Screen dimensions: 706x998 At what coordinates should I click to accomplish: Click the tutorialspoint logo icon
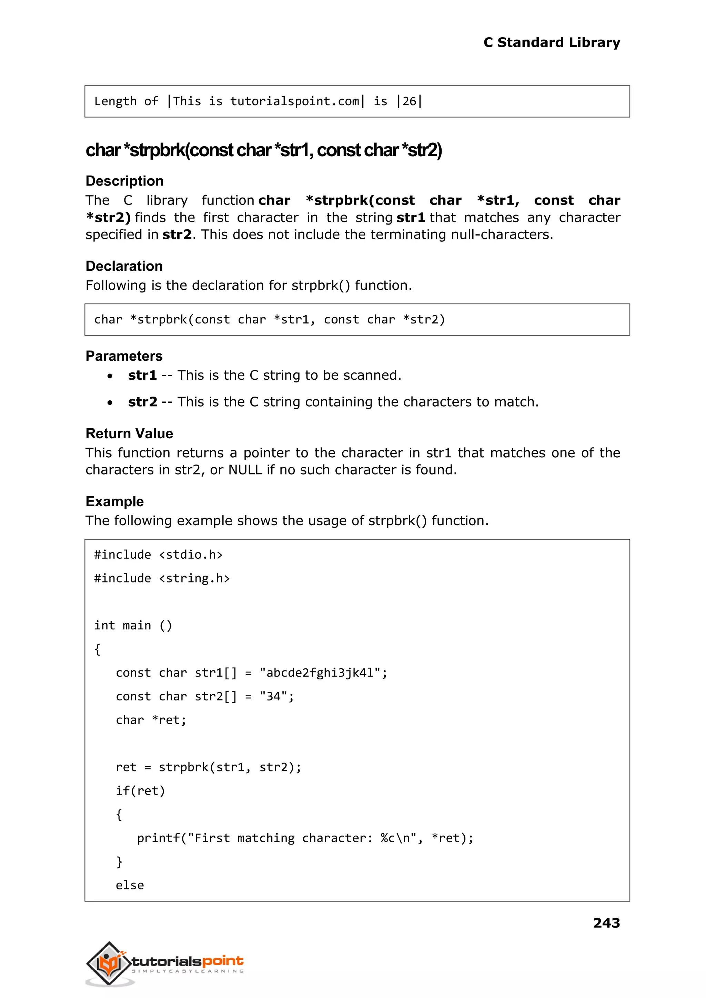[x=110, y=963]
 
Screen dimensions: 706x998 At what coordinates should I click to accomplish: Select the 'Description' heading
[x=124, y=181]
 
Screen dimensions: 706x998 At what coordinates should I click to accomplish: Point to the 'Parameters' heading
[x=124, y=356]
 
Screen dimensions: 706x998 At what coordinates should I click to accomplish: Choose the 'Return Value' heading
[x=129, y=433]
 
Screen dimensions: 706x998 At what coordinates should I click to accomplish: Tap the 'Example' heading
[x=114, y=501]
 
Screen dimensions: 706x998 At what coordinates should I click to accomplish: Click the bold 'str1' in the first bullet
[x=142, y=375]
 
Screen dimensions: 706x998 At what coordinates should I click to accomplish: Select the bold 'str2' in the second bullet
[x=143, y=402]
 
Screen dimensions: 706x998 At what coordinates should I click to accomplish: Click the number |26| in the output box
[x=409, y=101]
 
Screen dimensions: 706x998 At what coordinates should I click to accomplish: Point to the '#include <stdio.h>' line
[x=158, y=555]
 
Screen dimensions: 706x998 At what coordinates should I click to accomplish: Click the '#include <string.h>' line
[x=162, y=578]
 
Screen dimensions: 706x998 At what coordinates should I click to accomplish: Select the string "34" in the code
[x=273, y=696]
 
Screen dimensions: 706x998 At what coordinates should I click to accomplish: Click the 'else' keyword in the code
[x=130, y=885]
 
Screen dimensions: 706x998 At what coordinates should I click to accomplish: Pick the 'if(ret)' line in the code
[x=140, y=791]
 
